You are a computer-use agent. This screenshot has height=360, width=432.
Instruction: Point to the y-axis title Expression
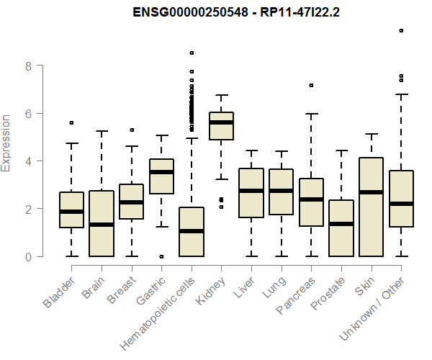coord(7,143)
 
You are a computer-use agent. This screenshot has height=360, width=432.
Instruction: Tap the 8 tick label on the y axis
coord(27,66)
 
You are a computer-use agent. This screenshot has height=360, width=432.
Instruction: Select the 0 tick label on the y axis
coord(27,256)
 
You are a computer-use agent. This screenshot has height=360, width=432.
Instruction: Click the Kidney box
coord(221,126)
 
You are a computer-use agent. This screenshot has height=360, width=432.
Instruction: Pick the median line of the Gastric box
coord(161,172)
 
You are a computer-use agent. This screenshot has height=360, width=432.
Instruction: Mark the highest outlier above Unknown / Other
coord(401,31)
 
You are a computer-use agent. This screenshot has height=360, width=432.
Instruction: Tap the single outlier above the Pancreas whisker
coord(311,85)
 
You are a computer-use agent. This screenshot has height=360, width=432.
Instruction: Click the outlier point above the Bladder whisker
coord(71,123)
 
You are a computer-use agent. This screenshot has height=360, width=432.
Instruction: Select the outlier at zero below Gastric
coord(161,256)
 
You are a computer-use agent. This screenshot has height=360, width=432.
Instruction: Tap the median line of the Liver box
coord(251,191)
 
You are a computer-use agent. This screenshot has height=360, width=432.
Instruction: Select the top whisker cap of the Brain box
coord(102,132)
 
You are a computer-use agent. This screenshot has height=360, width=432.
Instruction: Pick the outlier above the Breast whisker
coord(131,130)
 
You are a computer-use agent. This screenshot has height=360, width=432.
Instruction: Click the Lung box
coord(281,192)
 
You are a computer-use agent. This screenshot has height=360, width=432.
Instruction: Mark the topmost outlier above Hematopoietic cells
coord(192,53)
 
